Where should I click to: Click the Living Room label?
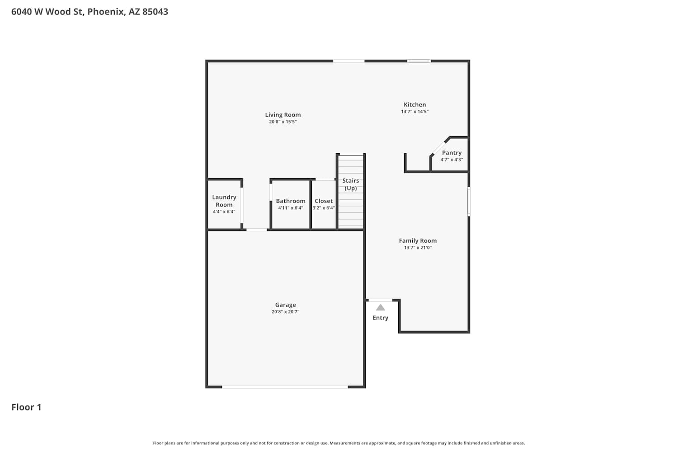(283, 115)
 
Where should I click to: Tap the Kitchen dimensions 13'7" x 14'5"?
(414, 111)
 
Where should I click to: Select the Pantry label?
(452, 153)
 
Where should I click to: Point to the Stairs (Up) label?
(350, 184)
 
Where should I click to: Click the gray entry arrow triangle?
(381, 308)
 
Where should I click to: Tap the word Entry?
(381, 318)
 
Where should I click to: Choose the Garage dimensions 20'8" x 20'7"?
(285, 311)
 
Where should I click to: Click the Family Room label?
(418, 240)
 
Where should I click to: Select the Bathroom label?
(291, 201)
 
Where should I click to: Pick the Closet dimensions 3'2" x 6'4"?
(324, 207)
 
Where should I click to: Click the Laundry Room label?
(224, 201)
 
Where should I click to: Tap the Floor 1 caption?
(26, 407)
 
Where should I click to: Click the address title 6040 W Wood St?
(48, 11)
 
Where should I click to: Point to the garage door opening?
(285, 387)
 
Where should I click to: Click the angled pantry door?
(438, 148)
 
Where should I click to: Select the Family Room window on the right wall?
(469, 201)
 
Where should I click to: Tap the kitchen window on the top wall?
(419, 61)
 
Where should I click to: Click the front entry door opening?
(381, 300)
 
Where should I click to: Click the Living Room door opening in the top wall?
(348, 61)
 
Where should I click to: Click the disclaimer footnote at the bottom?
(339, 443)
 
